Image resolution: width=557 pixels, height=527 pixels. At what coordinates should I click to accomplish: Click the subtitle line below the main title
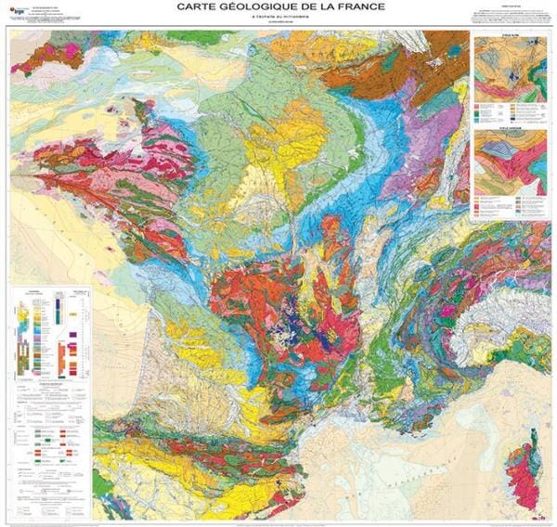[278, 22]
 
